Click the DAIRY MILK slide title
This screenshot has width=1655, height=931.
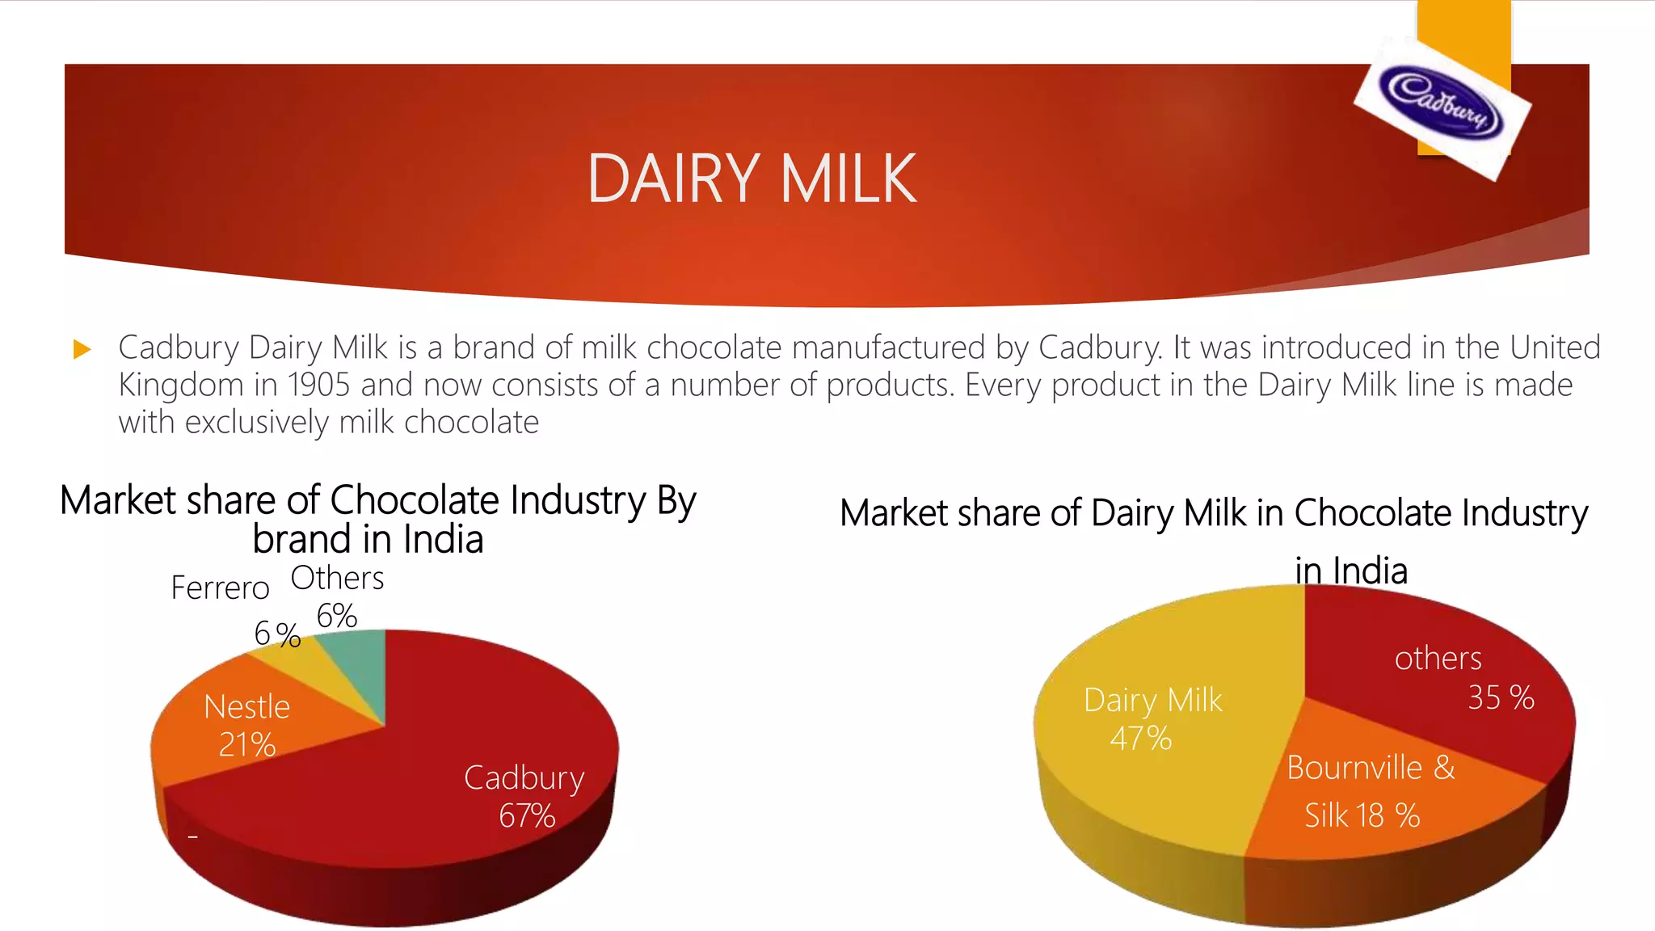click(752, 179)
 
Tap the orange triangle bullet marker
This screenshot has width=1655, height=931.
click(82, 349)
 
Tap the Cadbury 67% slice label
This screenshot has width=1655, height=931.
click(524, 796)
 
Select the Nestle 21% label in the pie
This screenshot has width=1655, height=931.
click(246, 725)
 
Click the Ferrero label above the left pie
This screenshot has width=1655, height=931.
click(220, 588)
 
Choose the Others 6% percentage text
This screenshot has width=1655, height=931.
click(336, 617)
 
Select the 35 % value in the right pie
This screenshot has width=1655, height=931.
click(1501, 697)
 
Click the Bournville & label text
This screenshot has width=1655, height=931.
click(1371, 768)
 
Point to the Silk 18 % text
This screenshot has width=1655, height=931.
click(1362, 815)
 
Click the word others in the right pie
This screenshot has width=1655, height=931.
click(1438, 659)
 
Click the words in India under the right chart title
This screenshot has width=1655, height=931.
click(1350, 571)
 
